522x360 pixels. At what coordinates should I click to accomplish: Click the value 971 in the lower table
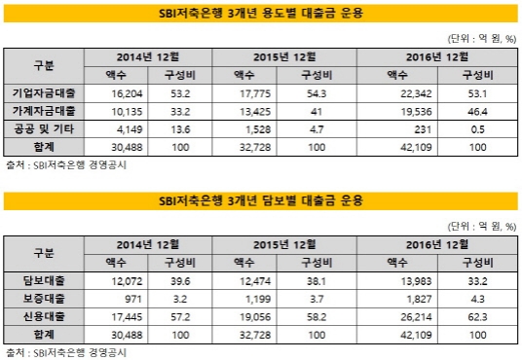click(x=129, y=297)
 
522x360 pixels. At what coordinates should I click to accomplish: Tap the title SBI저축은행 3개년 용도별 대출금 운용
click(x=260, y=12)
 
